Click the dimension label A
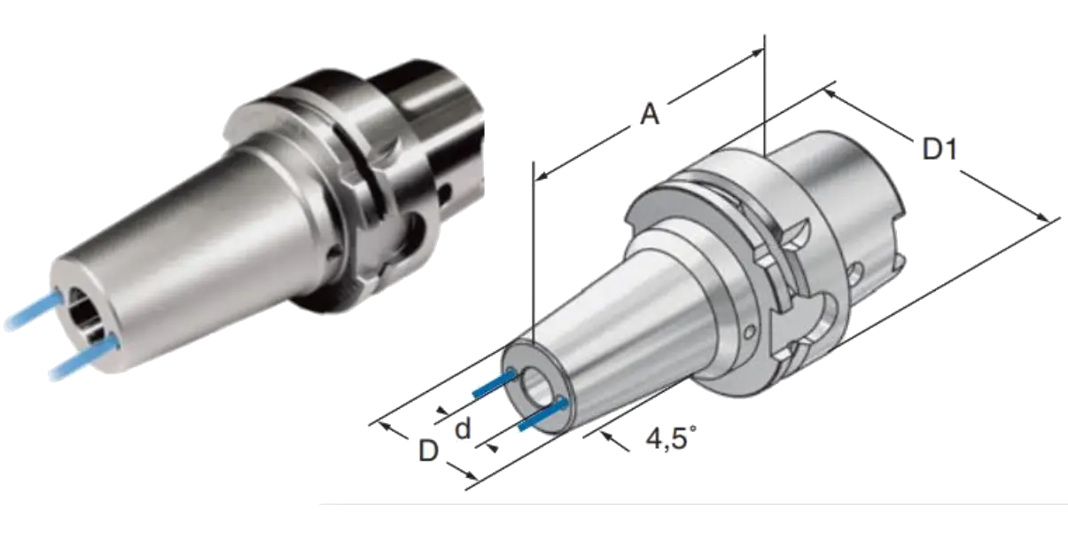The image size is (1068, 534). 650,114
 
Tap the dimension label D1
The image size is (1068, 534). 940,149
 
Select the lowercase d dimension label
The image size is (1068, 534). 463,428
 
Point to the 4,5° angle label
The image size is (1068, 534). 671,438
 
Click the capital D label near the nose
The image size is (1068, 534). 428,451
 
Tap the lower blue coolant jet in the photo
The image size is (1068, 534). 83,357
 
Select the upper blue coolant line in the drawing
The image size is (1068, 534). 495,383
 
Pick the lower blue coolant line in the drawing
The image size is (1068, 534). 543,415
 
